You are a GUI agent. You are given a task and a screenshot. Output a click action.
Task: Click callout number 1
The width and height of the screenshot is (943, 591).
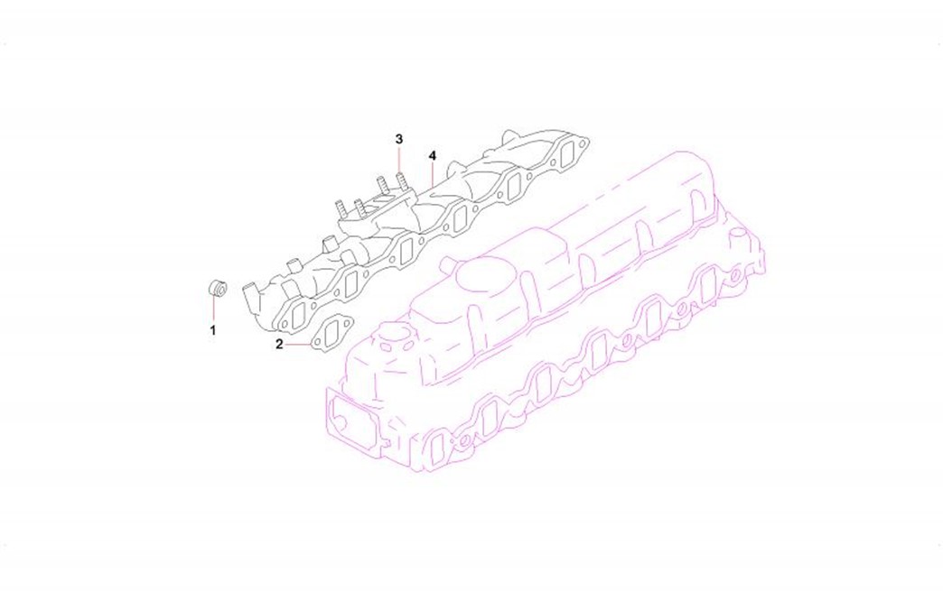(212, 329)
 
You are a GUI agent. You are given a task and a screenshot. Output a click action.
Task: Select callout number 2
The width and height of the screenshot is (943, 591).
(279, 344)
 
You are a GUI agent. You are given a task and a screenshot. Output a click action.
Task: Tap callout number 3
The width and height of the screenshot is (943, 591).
(399, 139)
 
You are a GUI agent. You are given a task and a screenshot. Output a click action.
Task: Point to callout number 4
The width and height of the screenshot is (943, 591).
(433, 155)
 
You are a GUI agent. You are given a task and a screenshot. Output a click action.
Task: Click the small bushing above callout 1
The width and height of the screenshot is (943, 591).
(217, 289)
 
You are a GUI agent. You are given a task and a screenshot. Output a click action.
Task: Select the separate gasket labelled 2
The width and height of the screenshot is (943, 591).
(331, 335)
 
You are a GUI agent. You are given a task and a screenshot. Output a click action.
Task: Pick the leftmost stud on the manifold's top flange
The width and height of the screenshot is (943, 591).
(341, 208)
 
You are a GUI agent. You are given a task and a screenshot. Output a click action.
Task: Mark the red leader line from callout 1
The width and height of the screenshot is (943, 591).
(213, 309)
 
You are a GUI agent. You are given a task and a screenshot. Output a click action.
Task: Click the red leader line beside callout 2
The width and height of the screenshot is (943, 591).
(297, 345)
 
